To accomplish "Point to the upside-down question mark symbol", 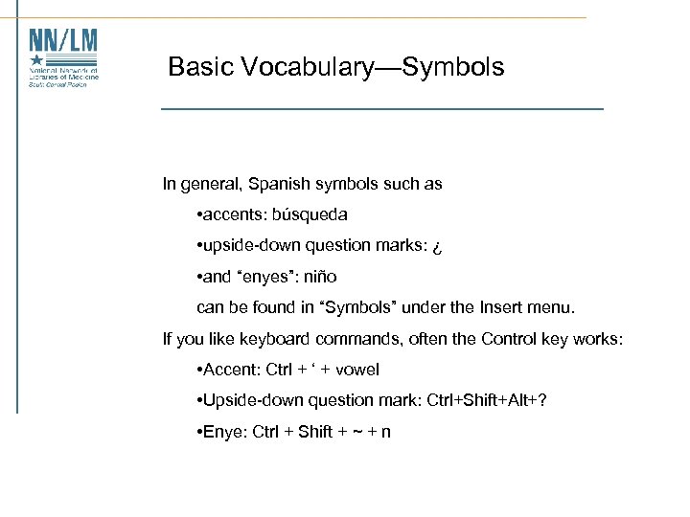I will [x=436, y=246].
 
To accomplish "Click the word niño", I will [x=318, y=277].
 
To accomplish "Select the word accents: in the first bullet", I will [x=232, y=214].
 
